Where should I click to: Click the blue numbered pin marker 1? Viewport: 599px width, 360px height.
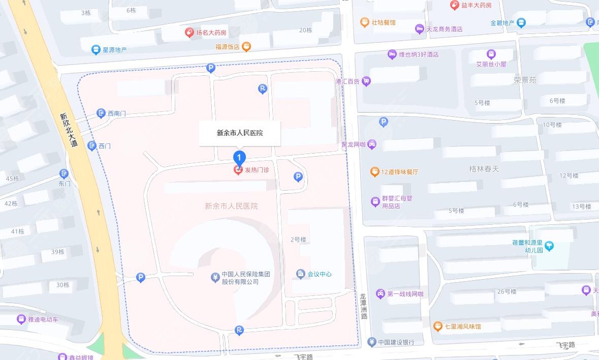[x=239, y=158]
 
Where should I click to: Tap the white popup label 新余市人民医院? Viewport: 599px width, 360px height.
[x=240, y=133]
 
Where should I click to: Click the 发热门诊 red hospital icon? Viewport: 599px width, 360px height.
[x=238, y=170]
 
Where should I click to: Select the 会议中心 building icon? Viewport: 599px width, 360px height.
[x=301, y=274]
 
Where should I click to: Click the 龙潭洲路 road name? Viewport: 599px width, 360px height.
[x=363, y=306]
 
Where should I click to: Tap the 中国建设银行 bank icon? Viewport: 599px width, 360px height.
[x=371, y=342]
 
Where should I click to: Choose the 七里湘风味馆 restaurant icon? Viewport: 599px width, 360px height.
[x=438, y=326]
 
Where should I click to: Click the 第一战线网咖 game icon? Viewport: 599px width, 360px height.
[x=380, y=294]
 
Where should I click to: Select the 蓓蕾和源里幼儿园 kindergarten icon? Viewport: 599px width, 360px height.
[x=549, y=246]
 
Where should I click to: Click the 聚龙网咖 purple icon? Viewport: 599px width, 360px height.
[x=372, y=144]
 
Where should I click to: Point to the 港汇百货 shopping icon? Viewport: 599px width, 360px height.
[x=366, y=81]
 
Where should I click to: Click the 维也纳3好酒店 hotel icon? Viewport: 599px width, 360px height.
[x=392, y=54]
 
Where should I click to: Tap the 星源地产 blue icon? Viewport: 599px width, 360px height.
[x=96, y=50]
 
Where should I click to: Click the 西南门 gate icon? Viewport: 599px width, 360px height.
[x=101, y=113]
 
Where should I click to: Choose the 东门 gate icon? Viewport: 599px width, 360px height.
[x=64, y=174]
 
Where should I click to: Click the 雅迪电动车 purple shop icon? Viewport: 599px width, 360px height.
[x=21, y=319]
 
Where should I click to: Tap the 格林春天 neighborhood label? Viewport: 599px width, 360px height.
[x=484, y=168]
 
